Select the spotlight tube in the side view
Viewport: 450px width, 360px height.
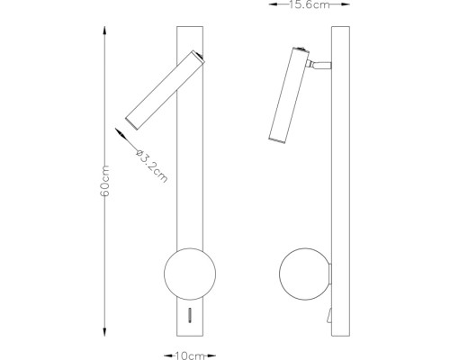coord(285,94)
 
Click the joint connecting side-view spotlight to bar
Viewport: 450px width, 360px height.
coord(320,65)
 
